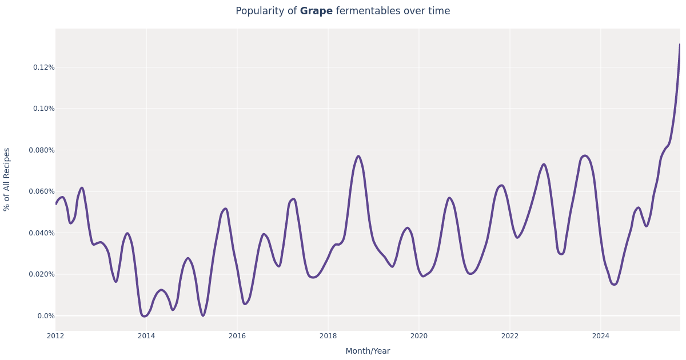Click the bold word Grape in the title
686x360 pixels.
[x=316, y=11]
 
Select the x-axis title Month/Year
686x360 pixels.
[x=368, y=351]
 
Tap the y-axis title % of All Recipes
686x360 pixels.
[x=7, y=179]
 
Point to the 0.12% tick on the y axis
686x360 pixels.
[x=43, y=67]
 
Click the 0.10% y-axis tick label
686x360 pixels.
[x=43, y=109]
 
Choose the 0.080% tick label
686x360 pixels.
[x=42, y=150]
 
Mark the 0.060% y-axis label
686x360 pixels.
[x=42, y=191]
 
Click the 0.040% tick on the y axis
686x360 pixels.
[x=42, y=233]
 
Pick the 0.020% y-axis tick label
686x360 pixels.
[x=42, y=274]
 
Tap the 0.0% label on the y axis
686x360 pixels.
[x=46, y=316]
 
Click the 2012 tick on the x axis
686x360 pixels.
[x=55, y=336]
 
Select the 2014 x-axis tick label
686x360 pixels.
[x=146, y=336]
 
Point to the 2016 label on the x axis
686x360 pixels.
[x=237, y=336]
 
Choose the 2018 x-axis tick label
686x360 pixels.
[x=328, y=336]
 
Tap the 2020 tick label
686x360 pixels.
[x=419, y=336]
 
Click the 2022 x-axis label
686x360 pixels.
[x=510, y=336]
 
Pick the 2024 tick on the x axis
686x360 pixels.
[x=601, y=336]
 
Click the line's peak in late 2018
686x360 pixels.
[x=358, y=156]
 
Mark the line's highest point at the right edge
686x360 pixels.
[x=680, y=45]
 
